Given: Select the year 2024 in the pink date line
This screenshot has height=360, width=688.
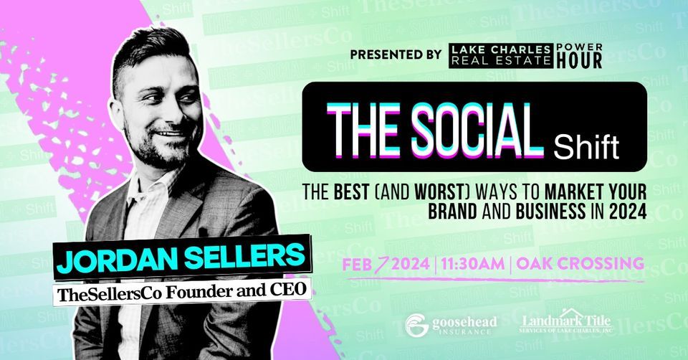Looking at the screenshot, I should click(403, 264).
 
